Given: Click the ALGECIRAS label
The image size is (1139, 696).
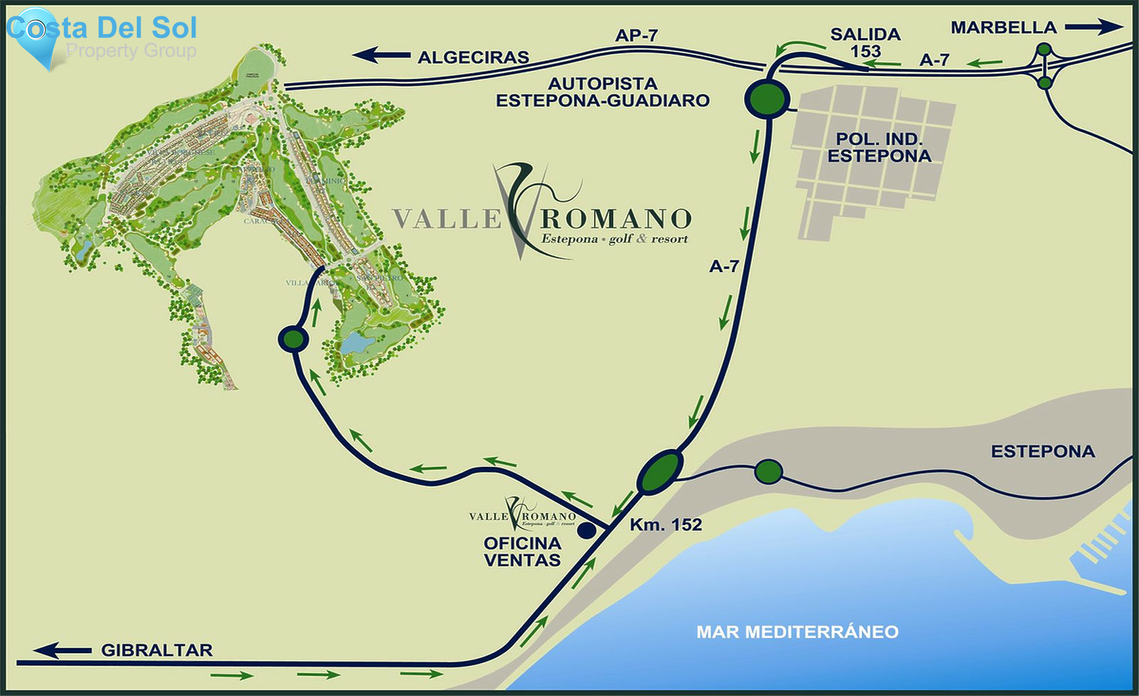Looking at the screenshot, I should pos(473,58).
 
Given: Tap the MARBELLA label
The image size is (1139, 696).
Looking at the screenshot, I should pos(1004,28).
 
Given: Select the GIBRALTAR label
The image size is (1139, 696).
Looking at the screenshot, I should pos(156,650).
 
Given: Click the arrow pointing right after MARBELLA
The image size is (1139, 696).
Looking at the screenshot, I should pos(1093,27).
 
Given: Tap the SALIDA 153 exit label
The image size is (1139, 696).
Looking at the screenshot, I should pos(865,42).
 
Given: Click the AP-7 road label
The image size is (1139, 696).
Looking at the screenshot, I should pos(636,35).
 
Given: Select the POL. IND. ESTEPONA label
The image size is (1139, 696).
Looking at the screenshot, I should pos(879,147).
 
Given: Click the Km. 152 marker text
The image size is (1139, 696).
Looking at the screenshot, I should pos(666,525).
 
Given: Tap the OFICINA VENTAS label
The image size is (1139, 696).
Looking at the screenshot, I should pos(522,552).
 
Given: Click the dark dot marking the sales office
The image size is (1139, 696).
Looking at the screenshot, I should pos(587,530).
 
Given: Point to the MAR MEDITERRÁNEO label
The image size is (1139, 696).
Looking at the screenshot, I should pos(797,631).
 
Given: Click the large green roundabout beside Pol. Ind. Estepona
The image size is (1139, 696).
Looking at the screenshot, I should pos(767,99).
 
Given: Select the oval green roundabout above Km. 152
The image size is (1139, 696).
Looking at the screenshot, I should pos(659,471).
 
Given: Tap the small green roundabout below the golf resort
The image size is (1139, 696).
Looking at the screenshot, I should pos(294,339).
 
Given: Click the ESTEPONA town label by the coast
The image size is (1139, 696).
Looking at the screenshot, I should pos(1042,451).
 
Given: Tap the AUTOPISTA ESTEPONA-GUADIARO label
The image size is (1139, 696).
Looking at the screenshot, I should pos(602,92).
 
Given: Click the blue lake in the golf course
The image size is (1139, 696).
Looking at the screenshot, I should pos(357,344).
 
